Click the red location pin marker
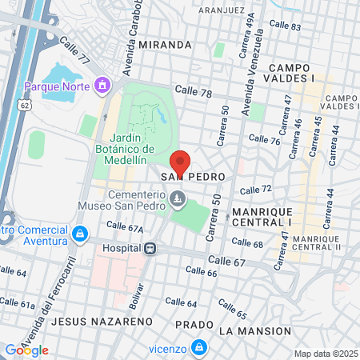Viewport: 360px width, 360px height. [x=179, y=163]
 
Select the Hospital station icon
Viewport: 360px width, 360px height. [x=149, y=248]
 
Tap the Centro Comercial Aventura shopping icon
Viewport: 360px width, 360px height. [x=79, y=234]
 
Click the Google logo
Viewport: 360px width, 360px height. [x=26, y=350]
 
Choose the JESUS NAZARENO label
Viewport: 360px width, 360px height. [x=90, y=321]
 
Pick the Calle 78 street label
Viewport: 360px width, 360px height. [x=193, y=94]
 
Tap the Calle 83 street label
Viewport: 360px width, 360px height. [x=285, y=26]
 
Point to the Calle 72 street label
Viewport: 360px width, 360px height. [x=256, y=190]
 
